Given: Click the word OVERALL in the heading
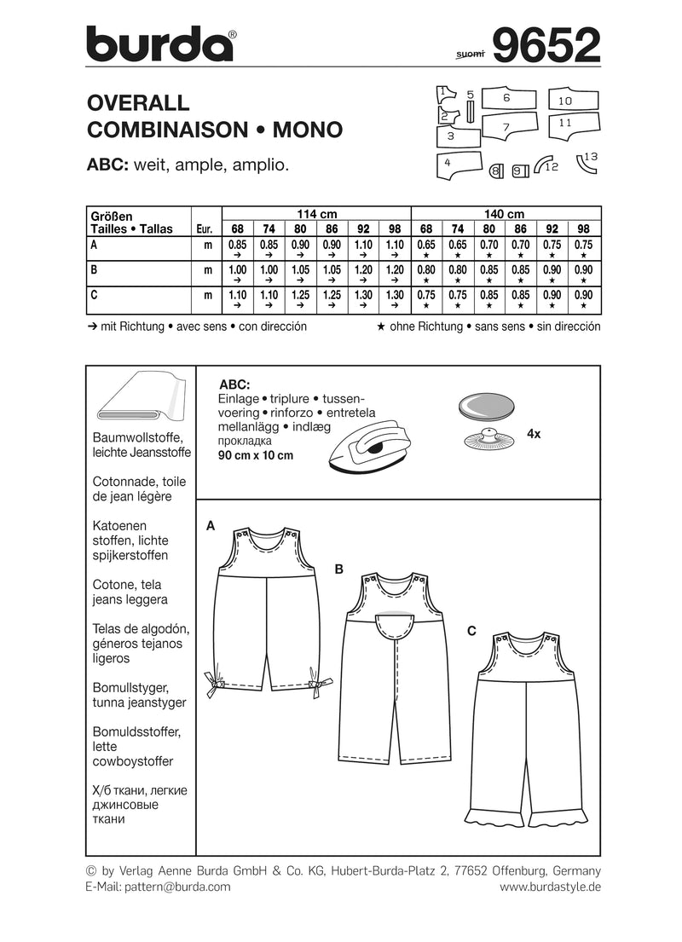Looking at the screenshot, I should click(x=138, y=103).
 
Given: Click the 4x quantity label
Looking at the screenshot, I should click(x=534, y=434).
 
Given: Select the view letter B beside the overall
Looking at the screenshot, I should click(x=338, y=568).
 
